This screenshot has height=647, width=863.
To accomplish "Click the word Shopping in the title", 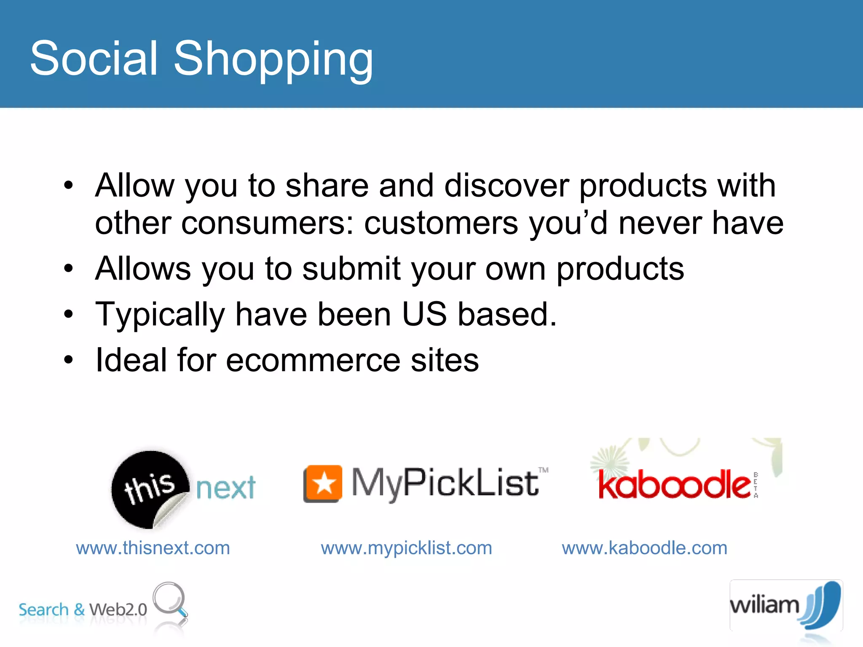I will click(273, 59).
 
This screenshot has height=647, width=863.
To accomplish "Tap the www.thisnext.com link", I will click(153, 548).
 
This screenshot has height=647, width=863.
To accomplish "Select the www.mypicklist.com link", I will click(406, 548).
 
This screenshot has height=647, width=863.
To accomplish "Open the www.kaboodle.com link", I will click(644, 548).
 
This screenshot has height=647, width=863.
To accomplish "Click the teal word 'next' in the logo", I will click(226, 489).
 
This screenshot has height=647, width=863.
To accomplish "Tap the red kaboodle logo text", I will click(674, 485).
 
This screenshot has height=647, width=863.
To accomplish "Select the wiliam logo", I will click(785, 605).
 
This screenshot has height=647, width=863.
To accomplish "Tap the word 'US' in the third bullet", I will click(424, 314).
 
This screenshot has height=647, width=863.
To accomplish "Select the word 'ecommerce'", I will click(313, 360).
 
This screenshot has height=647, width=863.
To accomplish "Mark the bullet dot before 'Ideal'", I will click(69, 360).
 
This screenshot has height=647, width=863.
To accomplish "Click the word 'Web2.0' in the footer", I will click(118, 610).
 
